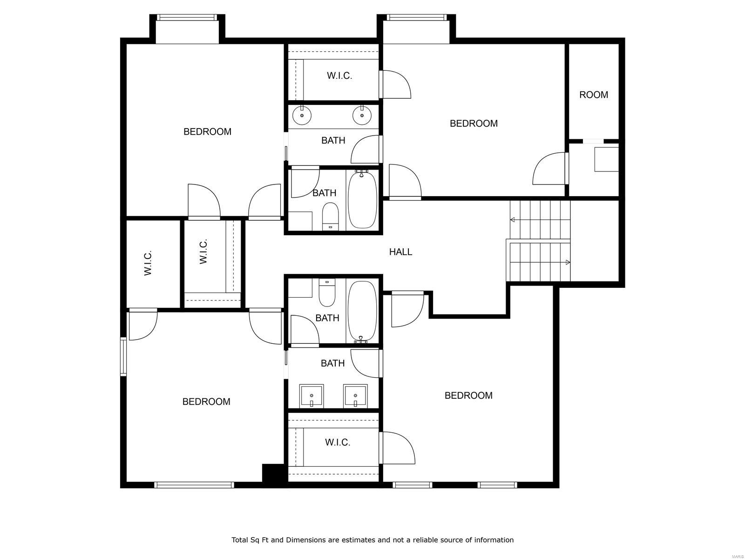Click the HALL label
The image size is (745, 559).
tap(400, 252)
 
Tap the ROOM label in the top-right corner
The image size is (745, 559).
tap(594, 95)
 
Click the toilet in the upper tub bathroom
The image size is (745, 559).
tap(330, 215)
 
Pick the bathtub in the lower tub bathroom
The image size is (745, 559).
tap(362, 310)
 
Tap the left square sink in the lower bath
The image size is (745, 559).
tap(311, 396)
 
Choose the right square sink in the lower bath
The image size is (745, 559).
tap(355, 396)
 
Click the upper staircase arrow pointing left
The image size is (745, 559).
tap(513, 219)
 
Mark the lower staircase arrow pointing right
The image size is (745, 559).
tap(568, 263)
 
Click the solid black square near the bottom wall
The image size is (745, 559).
tap(274, 474)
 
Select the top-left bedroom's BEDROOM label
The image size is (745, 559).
tap(207, 132)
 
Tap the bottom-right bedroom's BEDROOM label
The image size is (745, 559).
tap(468, 395)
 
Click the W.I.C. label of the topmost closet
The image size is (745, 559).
tap(339, 75)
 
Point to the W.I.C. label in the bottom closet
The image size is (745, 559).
tap(338, 442)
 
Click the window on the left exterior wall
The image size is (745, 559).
tap(123, 356)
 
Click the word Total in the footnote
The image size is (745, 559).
tap(241, 540)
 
